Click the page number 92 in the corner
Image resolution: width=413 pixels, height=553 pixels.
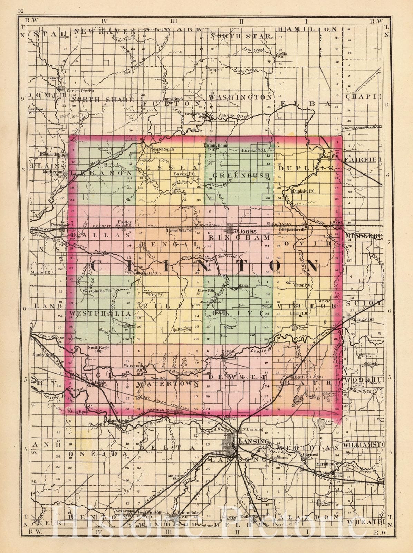[x=19, y=11]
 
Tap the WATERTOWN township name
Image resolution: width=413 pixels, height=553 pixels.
[x=167, y=383]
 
